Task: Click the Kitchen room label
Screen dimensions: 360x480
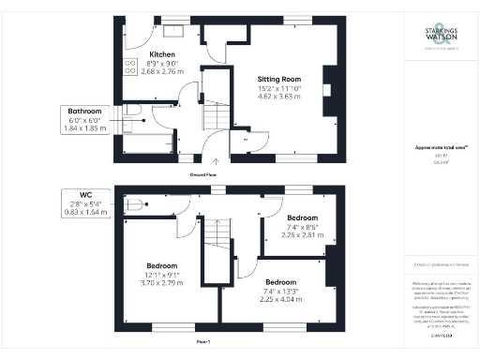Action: tap(162, 55)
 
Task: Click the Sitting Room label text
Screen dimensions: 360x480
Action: tap(278, 79)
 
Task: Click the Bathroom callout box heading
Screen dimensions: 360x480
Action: tap(84, 112)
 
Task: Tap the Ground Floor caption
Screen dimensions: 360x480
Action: tap(203, 174)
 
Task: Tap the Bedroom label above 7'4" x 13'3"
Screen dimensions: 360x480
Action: tap(279, 282)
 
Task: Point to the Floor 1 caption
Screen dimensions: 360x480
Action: tap(203, 343)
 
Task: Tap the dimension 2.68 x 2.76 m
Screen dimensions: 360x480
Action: tap(162, 71)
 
